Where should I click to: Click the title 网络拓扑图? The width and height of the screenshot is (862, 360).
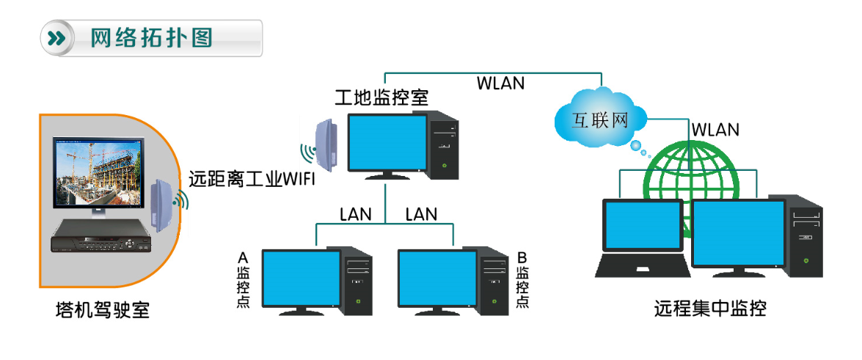(151, 38)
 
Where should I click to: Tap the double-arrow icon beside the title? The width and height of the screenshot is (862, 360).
(56, 38)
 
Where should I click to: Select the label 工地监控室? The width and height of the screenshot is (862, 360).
(381, 98)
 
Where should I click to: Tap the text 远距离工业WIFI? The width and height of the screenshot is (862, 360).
(252, 178)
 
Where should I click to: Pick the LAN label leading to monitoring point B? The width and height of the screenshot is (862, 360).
(421, 214)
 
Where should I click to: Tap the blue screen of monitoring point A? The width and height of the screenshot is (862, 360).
(302, 278)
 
